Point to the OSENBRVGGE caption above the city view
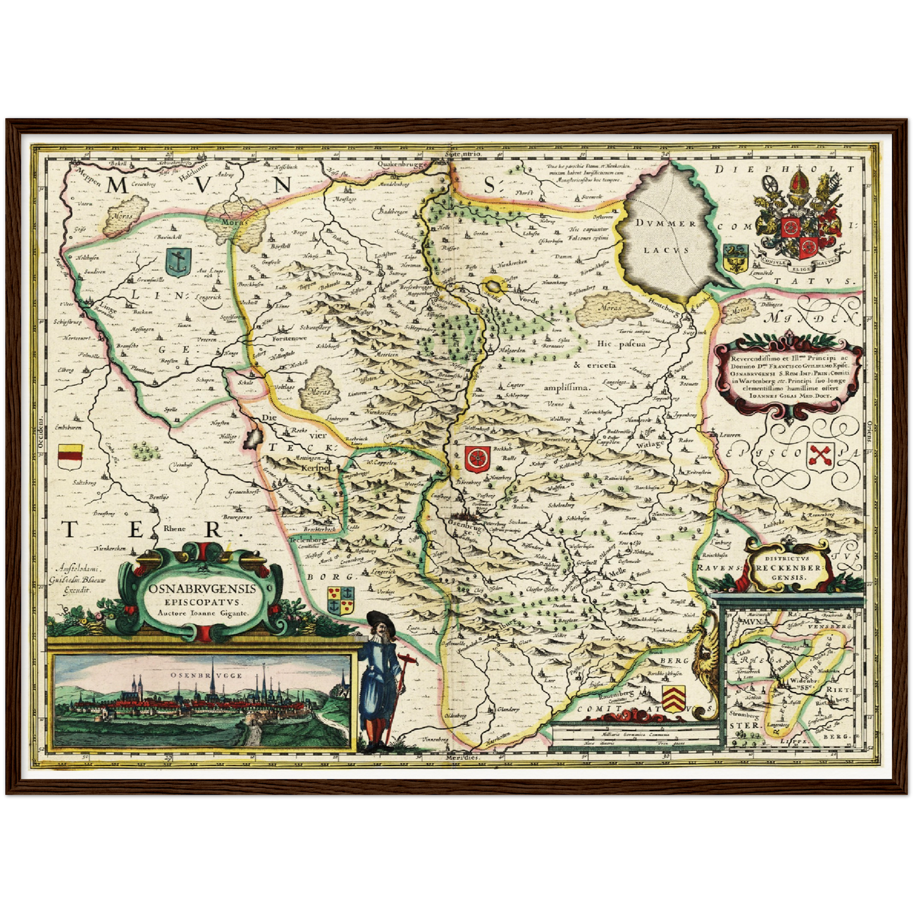206,676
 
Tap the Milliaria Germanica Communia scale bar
637,733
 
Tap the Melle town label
617,571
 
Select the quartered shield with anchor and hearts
341,600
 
